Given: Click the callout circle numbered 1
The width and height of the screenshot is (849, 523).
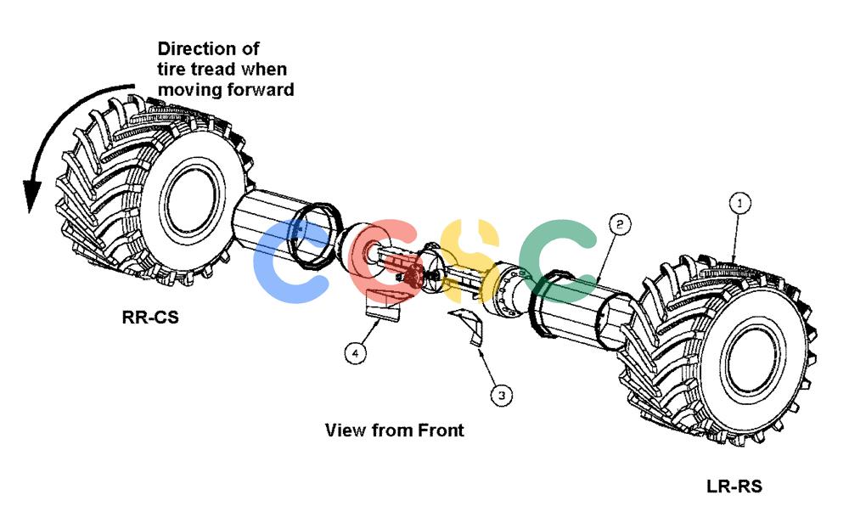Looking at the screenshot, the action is click(x=739, y=204).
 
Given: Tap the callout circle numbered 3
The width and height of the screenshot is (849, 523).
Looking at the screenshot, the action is click(x=502, y=396).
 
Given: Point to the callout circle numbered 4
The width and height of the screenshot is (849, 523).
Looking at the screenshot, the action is click(x=355, y=353).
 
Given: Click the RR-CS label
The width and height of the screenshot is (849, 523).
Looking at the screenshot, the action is click(x=150, y=317).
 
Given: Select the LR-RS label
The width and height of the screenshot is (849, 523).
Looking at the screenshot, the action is click(x=734, y=486).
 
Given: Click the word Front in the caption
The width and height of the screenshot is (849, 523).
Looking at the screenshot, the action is click(x=440, y=430).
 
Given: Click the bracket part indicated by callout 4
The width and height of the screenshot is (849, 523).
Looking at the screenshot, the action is click(x=382, y=306).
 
